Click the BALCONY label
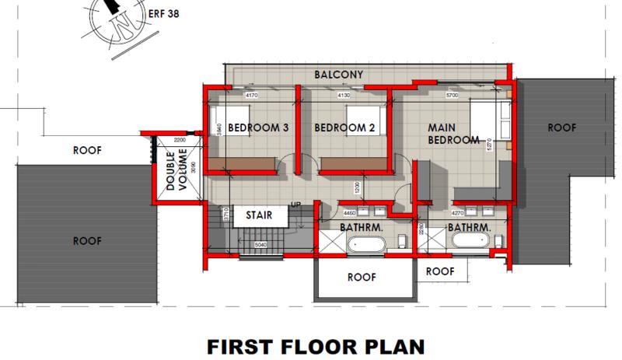tap(339, 75)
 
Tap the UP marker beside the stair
tap(295, 204)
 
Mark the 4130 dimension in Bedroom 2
tap(344, 96)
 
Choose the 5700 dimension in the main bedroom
tap(453, 96)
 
